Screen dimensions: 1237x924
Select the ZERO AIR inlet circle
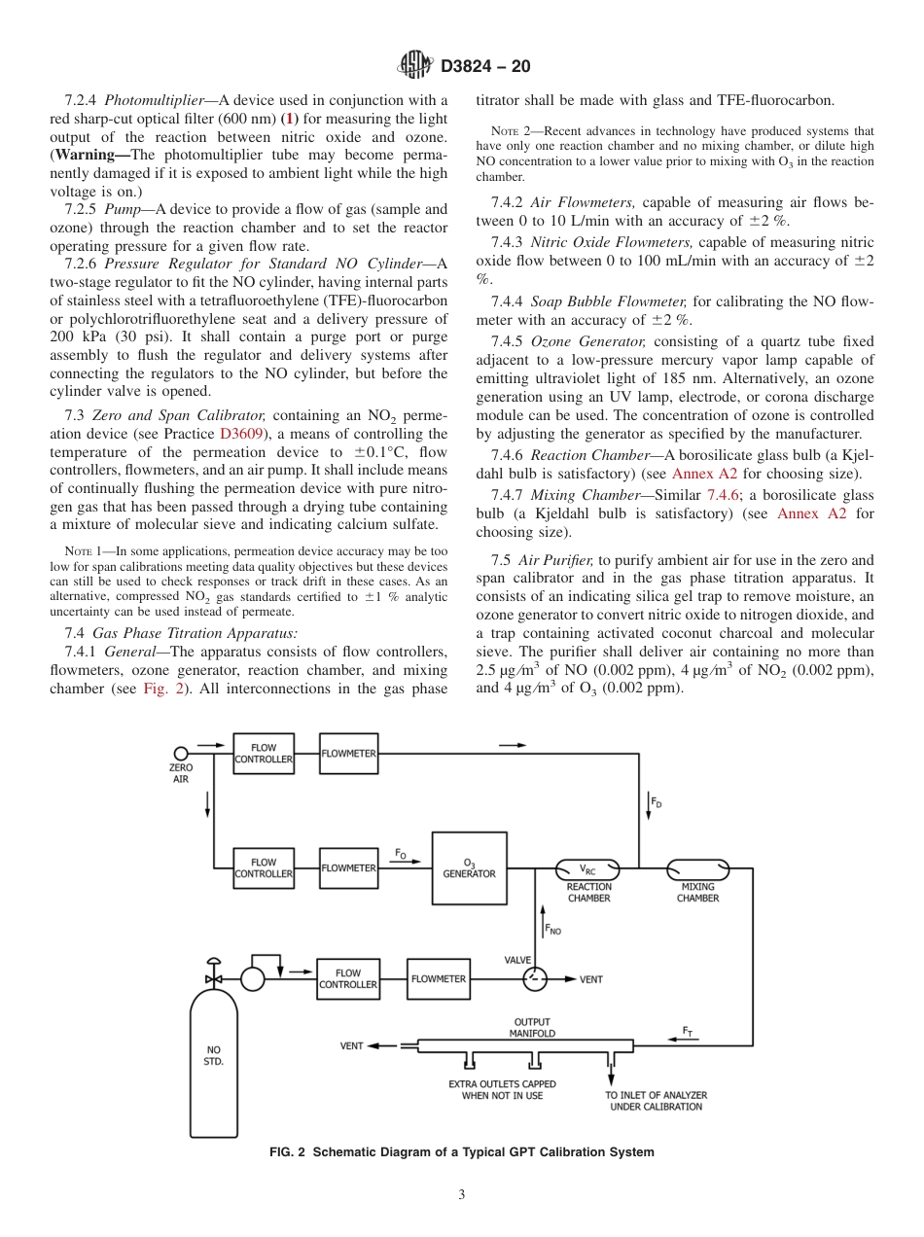pyautogui.click(x=181, y=754)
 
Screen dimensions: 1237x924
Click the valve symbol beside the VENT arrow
pyautogui.click(x=535, y=978)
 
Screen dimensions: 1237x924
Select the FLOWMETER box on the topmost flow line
pyautogui.click(x=348, y=754)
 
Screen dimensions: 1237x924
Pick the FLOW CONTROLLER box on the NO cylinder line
pyautogui.click(x=348, y=978)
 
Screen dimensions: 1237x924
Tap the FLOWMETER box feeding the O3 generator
pyautogui.click(x=348, y=867)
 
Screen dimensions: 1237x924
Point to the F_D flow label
pyautogui.click(x=657, y=803)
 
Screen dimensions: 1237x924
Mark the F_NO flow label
pyautogui.click(x=552, y=931)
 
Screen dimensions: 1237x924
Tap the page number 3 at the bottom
pyautogui.click(x=462, y=1194)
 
